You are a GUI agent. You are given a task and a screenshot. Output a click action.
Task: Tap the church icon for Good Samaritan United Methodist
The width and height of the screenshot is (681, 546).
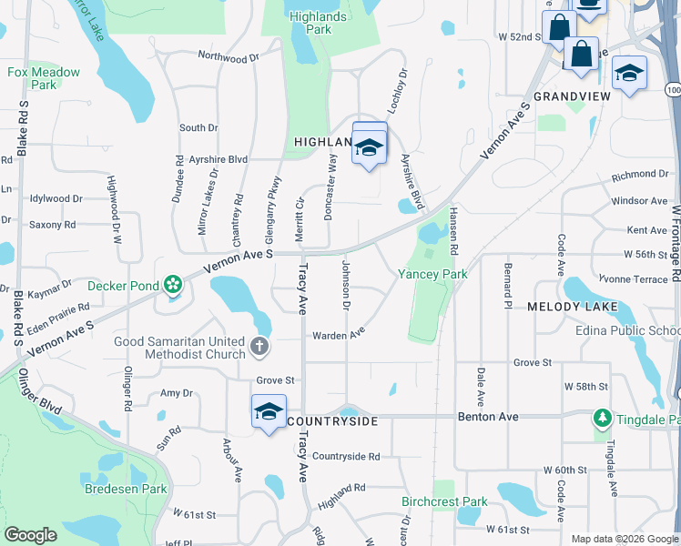(259, 347)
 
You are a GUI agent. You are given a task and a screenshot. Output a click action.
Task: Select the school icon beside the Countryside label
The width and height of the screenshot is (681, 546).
(269, 412)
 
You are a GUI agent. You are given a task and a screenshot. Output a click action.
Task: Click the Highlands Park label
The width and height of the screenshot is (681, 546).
(317, 23)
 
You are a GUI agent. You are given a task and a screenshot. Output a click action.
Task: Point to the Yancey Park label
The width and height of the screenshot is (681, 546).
(432, 274)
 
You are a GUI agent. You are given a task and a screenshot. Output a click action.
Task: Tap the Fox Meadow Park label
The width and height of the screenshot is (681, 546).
(43, 78)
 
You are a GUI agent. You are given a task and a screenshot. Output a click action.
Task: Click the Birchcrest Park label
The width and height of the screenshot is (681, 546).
(444, 501)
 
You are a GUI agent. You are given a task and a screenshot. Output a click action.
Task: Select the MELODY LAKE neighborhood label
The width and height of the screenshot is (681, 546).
(573, 308)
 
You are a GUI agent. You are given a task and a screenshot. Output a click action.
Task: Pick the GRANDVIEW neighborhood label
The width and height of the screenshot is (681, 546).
(572, 96)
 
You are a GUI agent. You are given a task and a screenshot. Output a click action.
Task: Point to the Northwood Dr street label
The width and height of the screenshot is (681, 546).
(229, 57)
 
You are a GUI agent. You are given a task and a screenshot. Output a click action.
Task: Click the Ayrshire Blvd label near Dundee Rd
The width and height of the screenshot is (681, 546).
(219, 158)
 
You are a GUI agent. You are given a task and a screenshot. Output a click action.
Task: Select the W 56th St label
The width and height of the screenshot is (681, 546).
(646, 255)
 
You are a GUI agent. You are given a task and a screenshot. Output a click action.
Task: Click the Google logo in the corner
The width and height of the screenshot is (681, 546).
(31, 536)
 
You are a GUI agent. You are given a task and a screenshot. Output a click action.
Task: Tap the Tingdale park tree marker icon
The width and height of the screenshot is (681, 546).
(602, 419)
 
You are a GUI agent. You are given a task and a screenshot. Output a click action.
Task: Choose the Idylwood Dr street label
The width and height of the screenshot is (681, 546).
(56, 197)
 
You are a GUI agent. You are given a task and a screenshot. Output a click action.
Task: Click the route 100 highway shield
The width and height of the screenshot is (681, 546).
(672, 90)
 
